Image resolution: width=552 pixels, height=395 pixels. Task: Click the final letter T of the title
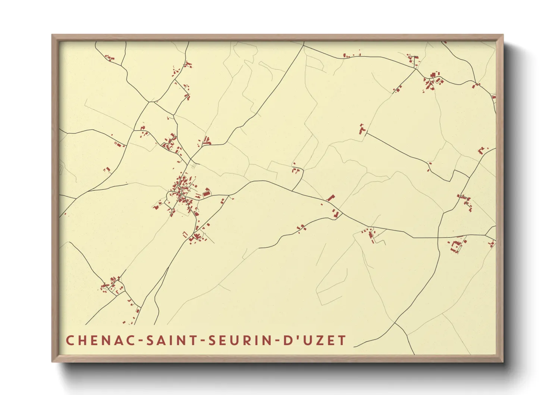pos(342,340)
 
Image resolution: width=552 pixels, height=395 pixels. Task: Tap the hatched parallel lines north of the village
pos(192,166)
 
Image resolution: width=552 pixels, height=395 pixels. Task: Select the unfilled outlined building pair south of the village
pos(185,234)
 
